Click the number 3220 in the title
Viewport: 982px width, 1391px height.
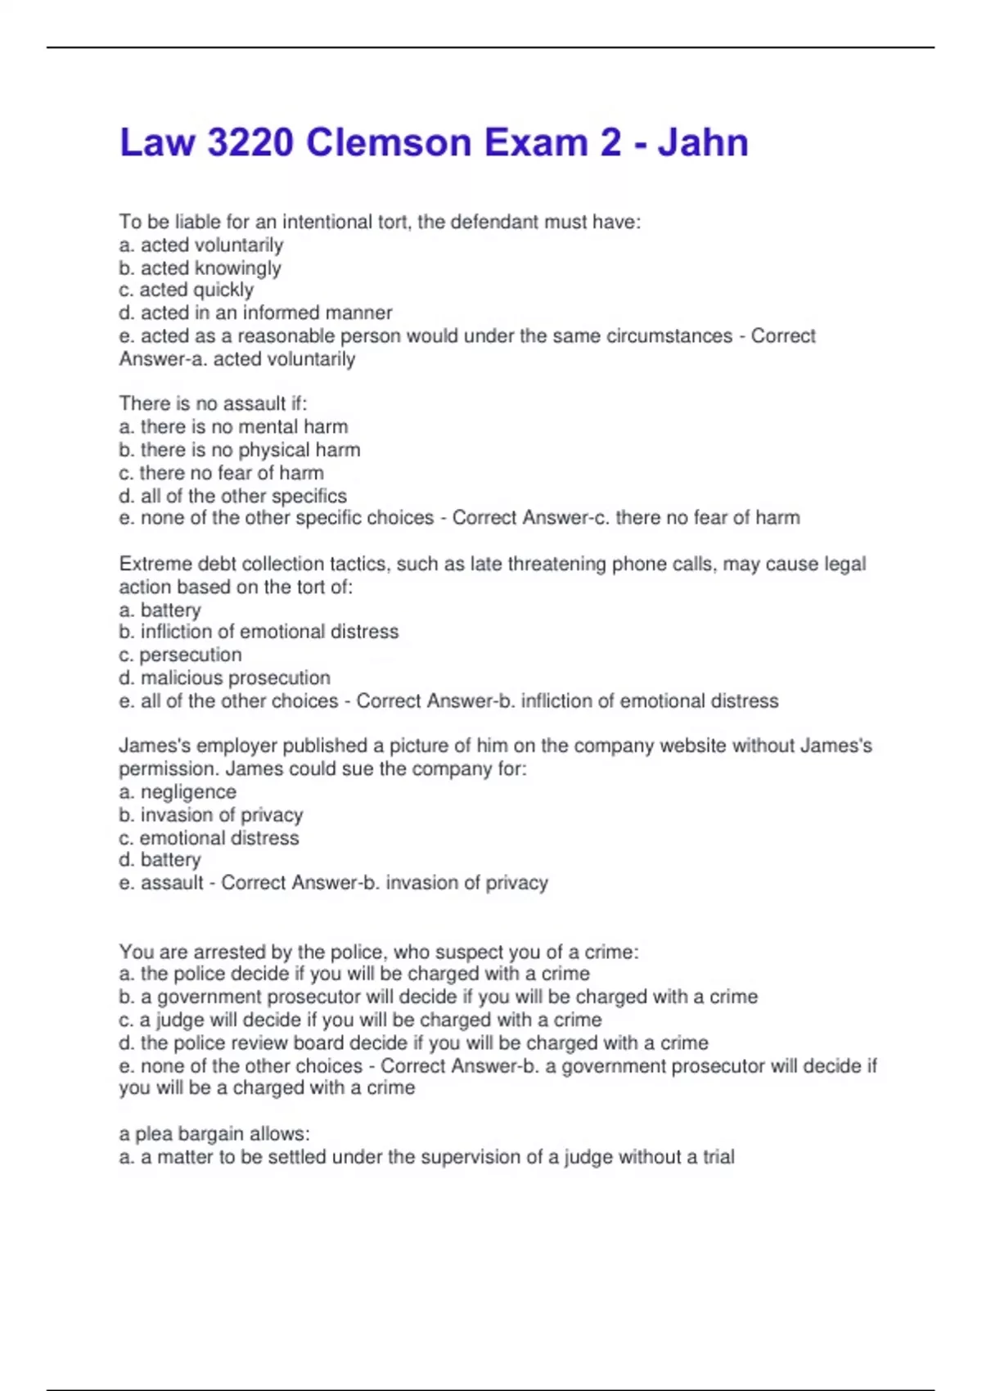point(250,143)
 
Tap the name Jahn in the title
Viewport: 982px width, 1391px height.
point(702,143)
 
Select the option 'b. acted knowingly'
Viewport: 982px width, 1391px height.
point(200,268)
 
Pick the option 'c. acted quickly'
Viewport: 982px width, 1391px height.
point(186,290)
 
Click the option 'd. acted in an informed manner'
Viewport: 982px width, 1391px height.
point(255,313)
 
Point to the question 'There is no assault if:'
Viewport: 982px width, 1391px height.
point(213,403)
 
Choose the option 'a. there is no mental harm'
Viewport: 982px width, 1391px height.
point(233,426)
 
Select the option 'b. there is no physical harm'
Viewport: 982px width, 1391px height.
point(239,449)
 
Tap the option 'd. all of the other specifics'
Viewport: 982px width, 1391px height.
point(232,496)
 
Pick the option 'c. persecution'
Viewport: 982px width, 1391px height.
point(180,655)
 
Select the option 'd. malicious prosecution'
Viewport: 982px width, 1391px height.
point(224,677)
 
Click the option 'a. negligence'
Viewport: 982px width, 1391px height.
point(178,791)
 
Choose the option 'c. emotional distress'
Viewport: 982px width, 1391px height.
point(209,838)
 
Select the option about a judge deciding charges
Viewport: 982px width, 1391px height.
point(360,1020)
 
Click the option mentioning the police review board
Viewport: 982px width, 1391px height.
point(413,1042)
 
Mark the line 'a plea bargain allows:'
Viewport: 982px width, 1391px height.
point(214,1134)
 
